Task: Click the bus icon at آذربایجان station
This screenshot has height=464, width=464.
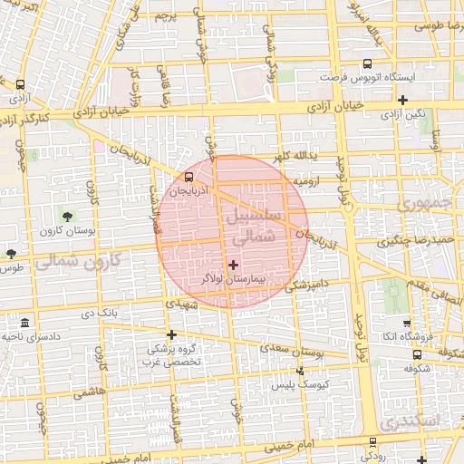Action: (188, 178)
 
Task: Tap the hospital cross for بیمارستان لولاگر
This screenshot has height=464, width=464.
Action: (234, 266)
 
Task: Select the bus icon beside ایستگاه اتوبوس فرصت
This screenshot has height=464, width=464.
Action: (366, 64)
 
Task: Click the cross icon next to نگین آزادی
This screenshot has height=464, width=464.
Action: (403, 100)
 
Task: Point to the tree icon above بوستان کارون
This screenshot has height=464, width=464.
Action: (66, 215)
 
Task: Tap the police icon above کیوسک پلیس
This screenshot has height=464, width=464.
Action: (301, 370)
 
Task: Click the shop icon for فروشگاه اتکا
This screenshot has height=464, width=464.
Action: (406, 324)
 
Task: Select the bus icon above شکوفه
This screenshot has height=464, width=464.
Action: (417, 354)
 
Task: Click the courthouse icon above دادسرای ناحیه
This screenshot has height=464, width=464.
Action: (24, 324)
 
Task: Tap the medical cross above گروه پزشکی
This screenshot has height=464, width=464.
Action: (171, 333)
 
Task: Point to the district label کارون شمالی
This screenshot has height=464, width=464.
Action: (82, 262)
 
